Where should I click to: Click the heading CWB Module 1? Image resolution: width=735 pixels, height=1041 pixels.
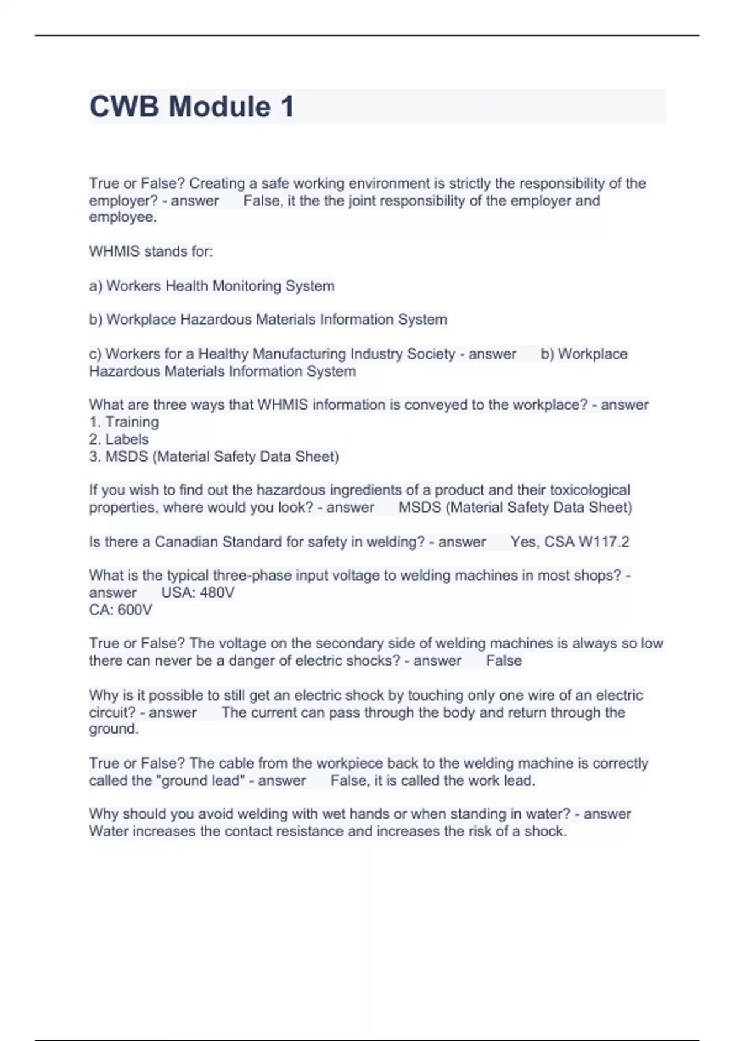point(192,107)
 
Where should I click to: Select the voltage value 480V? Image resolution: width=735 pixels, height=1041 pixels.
point(217,593)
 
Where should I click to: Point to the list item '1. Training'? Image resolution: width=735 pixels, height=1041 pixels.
point(124,422)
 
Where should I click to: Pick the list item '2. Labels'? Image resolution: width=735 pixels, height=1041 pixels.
point(119,439)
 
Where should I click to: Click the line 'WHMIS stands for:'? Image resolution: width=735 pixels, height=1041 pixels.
point(151,251)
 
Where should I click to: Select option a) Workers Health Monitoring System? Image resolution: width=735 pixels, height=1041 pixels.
point(212,286)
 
